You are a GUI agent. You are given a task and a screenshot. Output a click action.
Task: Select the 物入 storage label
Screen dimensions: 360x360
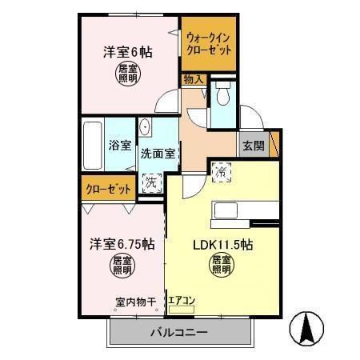[x=193, y=79]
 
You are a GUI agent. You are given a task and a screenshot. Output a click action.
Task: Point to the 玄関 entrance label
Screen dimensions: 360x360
[x=254, y=145]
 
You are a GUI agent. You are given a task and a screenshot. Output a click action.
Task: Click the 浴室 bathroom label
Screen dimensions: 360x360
[x=120, y=146]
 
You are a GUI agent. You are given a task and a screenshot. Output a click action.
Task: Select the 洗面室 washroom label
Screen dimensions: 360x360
[x=159, y=152]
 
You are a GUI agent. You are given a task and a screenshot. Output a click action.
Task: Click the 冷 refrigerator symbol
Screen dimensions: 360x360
[x=222, y=170]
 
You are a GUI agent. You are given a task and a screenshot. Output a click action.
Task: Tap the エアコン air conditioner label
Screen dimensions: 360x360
[x=181, y=302]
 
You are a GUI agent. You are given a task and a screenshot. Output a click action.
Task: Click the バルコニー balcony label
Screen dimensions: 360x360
[x=180, y=333]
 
